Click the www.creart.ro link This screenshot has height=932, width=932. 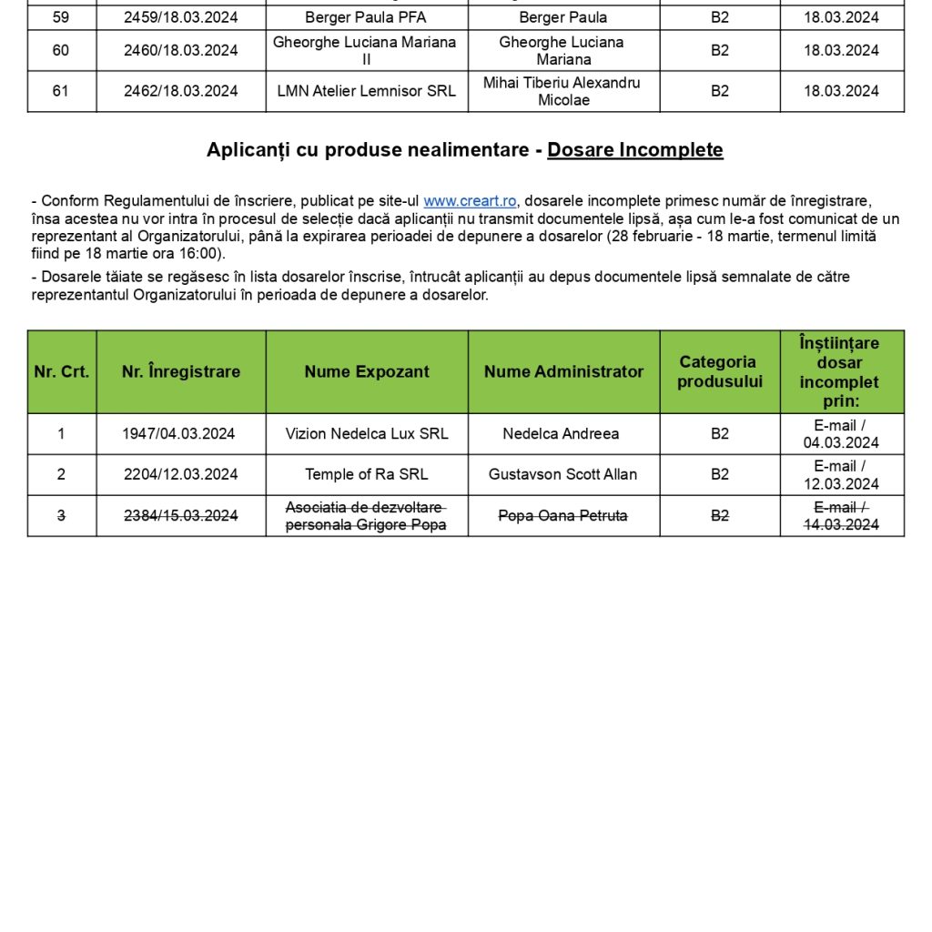tap(470, 201)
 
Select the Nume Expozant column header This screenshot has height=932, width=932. tap(367, 371)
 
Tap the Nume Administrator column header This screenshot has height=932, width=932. tap(563, 371)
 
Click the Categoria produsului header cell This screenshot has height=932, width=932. tap(719, 371)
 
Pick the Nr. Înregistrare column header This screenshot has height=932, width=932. tap(181, 371)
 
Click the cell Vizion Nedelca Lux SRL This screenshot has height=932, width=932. tap(367, 434)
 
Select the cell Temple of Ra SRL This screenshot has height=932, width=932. tap(367, 474)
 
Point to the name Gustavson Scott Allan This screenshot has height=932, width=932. tap(562, 474)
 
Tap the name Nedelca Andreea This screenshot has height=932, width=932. tap(561, 434)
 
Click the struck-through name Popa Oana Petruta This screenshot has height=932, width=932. tap(562, 516)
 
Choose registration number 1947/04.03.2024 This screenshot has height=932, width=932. tap(178, 434)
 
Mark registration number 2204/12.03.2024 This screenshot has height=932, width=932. tap(181, 474)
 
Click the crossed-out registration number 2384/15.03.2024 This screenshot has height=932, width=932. tap(181, 516)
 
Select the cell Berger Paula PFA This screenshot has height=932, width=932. tap(366, 17)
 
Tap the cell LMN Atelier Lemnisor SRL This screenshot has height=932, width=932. tap(367, 91)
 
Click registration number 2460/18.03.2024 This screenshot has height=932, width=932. tap(181, 50)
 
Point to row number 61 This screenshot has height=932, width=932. tap(61, 91)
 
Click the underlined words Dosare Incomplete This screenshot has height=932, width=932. tap(635, 150)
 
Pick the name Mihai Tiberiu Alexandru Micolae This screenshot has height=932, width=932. tap(562, 91)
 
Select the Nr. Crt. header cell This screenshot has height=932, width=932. tap(62, 371)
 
